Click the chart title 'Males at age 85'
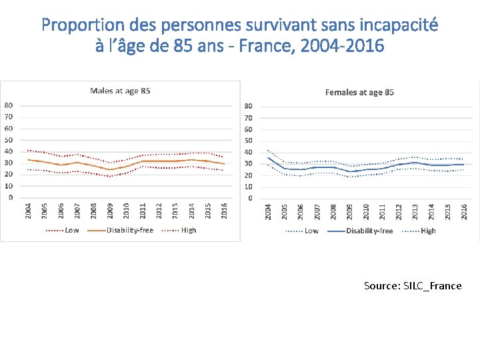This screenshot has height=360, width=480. (x=120, y=91)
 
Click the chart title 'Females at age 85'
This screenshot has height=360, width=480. (x=359, y=92)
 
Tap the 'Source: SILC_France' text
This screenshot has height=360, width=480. (x=412, y=285)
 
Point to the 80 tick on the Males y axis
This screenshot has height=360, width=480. (x=9, y=105)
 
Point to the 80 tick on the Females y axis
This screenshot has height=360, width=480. (x=248, y=106)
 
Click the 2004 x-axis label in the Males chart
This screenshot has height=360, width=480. (x=28, y=210)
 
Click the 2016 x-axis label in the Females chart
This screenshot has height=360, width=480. (x=464, y=211)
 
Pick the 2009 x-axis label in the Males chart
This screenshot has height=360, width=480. (x=110, y=210)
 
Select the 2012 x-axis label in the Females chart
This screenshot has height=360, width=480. (x=399, y=211)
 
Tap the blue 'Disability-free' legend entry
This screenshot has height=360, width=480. (x=369, y=231)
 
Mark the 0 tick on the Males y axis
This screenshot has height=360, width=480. (x=9, y=197)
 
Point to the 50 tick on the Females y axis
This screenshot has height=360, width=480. (x=248, y=141)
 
